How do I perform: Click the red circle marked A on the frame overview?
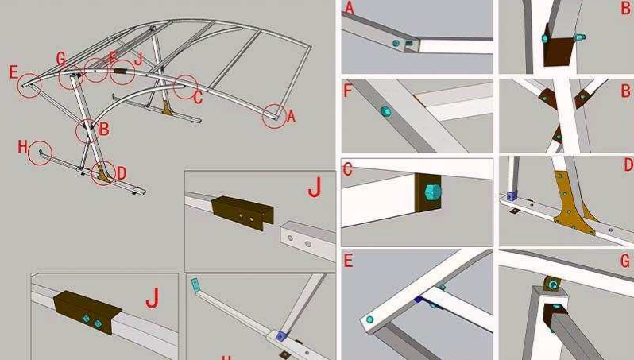273,116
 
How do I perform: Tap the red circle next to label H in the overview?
40,153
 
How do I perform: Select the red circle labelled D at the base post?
102,172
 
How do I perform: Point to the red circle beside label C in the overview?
186,87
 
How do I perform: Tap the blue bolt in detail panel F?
385,111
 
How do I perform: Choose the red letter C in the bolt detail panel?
347,168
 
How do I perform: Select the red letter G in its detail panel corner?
625,261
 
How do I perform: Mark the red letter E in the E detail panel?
347,260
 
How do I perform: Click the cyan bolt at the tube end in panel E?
370,320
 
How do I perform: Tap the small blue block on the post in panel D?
512,194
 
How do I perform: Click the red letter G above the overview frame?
61,57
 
